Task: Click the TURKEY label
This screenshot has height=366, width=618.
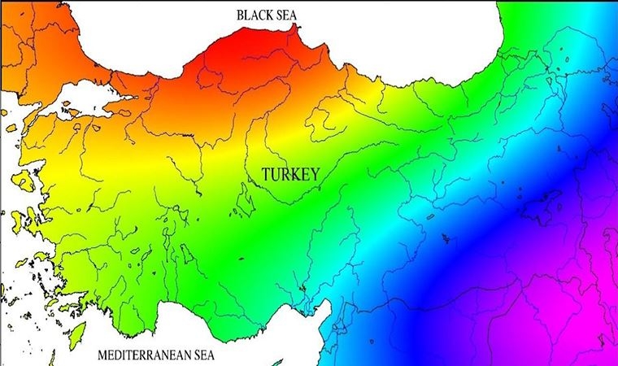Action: coord(289,174)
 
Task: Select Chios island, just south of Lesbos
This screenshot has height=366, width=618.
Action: coord(18,218)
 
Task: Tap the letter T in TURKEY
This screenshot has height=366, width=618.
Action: coord(266,174)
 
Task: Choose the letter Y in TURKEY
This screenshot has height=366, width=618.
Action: coord(313,174)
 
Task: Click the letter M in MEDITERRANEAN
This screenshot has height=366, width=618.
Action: coord(102,355)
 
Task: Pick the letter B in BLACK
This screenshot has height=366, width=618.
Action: coord(240,15)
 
